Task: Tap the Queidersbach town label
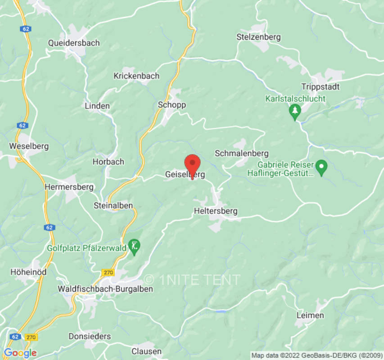(x=74, y=43)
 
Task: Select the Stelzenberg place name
(x=258, y=37)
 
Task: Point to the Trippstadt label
(x=321, y=86)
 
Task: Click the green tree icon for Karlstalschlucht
(x=295, y=111)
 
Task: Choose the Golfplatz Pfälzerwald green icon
(x=134, y=246)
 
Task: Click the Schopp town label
(x=172, y=104)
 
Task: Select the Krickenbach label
(x=136, y=76)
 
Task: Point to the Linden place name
(x=97, y=106)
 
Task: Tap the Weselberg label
(x=29, y=146)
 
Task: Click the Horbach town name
(x=108, y=162)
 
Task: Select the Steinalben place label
(x=113, y=205)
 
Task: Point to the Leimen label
(x=310, y=315)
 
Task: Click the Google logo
(x=20, y=353)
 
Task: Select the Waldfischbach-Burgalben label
(x=105, y=289)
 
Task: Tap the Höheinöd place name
(x=28, y=272)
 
